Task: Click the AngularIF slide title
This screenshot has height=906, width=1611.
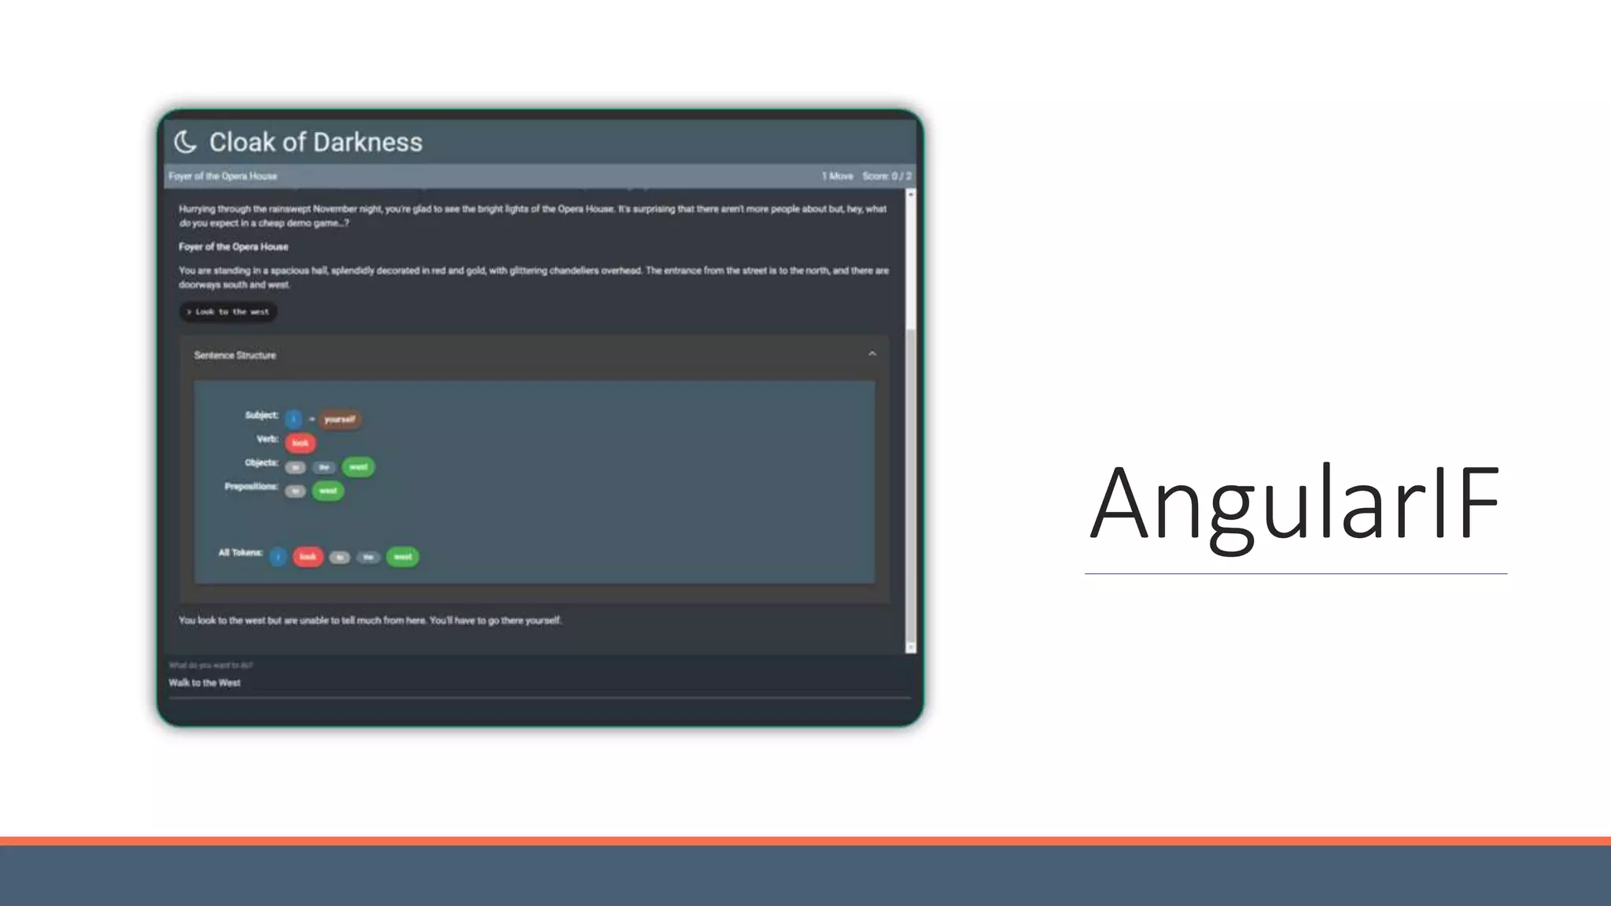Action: click(x=1295, y=503)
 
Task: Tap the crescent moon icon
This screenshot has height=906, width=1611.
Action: click(x=185, y=142)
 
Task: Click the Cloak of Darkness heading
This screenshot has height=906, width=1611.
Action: click(x=315, y=142)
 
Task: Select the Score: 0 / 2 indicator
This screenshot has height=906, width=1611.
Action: click(x=887, y=176)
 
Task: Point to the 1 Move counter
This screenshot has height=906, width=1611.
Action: click(x=837, y=176)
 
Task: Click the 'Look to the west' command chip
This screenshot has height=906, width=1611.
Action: click(x=228, y=312)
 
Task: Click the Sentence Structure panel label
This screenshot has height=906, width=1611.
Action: click(x=235, y=355)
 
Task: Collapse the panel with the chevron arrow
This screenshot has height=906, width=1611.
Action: click(x=872, y=355)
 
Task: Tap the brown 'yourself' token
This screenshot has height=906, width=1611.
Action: click(x=340, y=419)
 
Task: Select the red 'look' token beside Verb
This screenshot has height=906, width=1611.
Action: click(x=300, y=444)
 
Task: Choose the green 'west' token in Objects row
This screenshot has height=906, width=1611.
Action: click(x=358, y=467)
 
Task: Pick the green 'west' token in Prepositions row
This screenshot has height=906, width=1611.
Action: click(x=328, y=492)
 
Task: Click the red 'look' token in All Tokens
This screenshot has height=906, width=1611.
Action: click(x=308, y=557)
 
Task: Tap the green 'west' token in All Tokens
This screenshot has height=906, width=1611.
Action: click(x=403, y=557)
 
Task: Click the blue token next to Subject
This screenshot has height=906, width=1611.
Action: click(x=293, y=419)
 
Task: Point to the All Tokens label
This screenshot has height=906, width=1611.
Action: click(x=240, y=553)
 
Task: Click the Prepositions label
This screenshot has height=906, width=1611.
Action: click(x=251, y=487)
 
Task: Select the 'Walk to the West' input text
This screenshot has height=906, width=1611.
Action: click(x=205, y=683)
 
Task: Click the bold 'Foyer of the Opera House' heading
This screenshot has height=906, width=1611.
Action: click(x=234, y=247)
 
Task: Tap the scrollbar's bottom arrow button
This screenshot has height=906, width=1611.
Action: click(x=911, y=647)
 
